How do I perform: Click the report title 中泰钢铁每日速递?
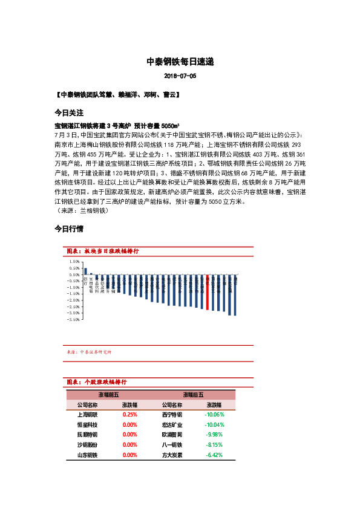tap(180, 62)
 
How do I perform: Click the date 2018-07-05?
tap(180, 77)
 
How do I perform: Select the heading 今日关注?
tap(68, 113)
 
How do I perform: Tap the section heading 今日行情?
tap(68, 229)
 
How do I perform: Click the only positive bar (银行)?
tap(85, 271)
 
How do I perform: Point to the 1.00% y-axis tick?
tap(74, 262)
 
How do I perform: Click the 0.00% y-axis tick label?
tap(74, 274)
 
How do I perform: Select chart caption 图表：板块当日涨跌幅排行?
tap(102, 251)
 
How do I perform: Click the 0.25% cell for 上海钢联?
tap(130, 415)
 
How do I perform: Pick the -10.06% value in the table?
tap(214, 415)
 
